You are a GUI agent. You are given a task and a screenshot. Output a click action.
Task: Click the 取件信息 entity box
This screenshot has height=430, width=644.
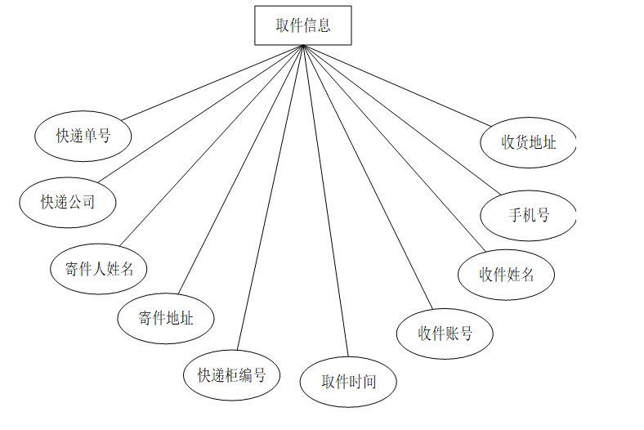303,25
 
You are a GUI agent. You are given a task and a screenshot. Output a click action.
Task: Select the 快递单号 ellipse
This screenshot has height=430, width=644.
83,136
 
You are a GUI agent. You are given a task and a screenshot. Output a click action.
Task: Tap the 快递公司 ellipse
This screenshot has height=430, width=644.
68,201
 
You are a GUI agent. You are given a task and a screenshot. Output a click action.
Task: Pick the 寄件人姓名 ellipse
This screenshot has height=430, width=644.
99,267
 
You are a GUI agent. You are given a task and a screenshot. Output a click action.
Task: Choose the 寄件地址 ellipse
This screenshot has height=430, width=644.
166,317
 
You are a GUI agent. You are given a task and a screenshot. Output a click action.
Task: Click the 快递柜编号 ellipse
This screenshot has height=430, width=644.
231,375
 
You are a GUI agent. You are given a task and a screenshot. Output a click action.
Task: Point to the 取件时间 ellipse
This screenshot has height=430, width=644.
349,381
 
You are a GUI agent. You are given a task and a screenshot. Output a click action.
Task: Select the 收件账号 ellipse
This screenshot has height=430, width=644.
445,334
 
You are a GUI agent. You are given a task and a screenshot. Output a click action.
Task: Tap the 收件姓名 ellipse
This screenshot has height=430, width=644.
507,275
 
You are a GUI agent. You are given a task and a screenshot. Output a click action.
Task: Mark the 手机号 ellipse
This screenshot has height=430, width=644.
529,216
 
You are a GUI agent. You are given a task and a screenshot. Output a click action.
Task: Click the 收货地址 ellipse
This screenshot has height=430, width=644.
529,142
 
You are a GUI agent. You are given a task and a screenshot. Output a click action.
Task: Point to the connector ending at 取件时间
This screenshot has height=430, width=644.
326,200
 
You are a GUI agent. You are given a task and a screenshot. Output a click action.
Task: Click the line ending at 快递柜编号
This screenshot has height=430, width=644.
271,199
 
